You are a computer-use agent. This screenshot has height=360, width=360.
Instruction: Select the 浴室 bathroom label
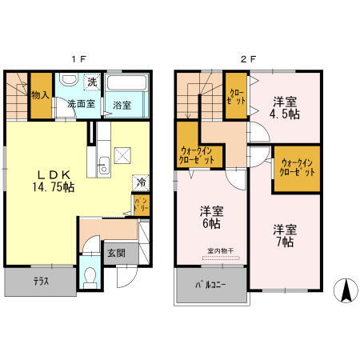pyautogui.click(x=122, y=105)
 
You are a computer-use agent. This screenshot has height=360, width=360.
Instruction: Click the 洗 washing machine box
pyautogui.click(x=93, y=82)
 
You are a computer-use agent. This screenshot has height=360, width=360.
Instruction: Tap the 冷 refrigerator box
pyautogui.click(x=141, y=182)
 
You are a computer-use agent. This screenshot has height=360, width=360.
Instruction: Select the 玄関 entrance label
pyautogui.click(x=116, y=253)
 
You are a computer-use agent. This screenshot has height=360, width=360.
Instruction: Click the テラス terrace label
pyautogui.click(x=40, y=282)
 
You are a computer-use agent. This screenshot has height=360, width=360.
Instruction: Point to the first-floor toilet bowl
pyautogui.click(x=90, y=278)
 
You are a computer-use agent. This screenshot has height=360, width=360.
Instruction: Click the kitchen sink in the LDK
pyautogui.click(x=102, y=167)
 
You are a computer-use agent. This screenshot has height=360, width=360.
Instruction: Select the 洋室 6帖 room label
pyautogui.click(x=211, y=217)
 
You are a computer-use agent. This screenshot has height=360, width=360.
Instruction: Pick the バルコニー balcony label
pyautogui.click(x=211, y=286)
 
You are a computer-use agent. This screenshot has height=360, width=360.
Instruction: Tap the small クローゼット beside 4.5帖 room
pyautogui.click(x=236, y=95)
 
